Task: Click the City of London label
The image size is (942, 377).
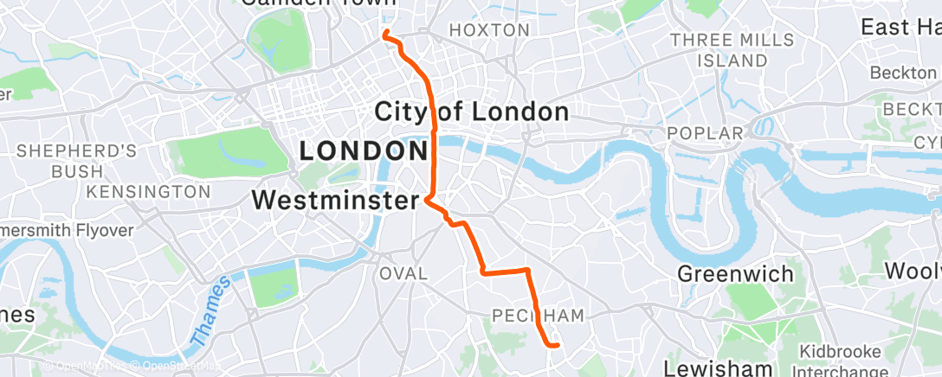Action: pyautogui.click(x=471, y=112)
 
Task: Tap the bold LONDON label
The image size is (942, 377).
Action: pyautogui.click(x=364, y=151)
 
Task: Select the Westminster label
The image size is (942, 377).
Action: pyautogui.click(x=335, y=201)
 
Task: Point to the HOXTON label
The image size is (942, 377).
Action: pyautogui.click(x=489, y=30)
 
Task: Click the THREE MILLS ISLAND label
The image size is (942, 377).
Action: pyautogui.click(x=732, y=50)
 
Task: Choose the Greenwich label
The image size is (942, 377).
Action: pyautogui.click(x=735, y=274)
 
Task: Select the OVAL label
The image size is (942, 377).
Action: pyautogui.click(x=403, y=273)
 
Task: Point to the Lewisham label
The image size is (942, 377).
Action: pyautogui.click(x=718, y=367)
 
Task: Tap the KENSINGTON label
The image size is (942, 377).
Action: pyautogui.click(x=161, y=190)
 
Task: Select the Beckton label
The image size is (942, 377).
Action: pyautogui.click(x=903, y=73)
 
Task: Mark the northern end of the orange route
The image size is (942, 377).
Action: pyautogui.click(x=384, y=34)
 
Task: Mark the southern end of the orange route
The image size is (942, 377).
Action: pyautogui.click(x=556, y=345)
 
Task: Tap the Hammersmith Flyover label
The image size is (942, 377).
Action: pyautogui.click(x=65, y=231)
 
